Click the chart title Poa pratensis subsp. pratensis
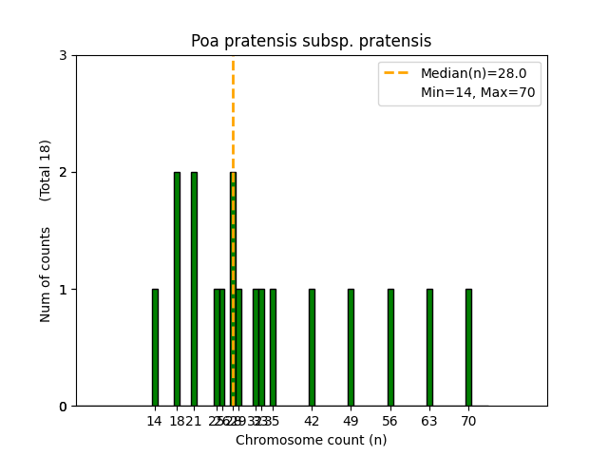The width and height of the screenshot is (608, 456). click(x=311, y=41)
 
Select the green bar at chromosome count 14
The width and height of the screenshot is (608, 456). click(x=155, y=348)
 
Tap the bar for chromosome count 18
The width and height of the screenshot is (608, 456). click(x=177, y=289)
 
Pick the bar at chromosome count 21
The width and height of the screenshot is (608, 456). click(x=194, y=289)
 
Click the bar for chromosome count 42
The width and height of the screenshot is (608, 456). click(x=312, y=348)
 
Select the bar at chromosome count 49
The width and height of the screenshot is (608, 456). click(x=351, y=348)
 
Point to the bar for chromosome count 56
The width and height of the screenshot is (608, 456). click(x=390, y=348)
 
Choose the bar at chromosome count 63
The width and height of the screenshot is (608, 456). click(x=429, y=348)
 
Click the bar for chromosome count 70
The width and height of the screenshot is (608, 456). click(x=468, y=348)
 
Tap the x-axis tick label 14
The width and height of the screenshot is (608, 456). click(x=155, y=421)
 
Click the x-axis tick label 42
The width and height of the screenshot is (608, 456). click(x=312, y=421)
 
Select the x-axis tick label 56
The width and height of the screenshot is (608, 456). click(x=390, y=421)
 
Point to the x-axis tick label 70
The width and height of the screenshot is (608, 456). click(x=468, y=421)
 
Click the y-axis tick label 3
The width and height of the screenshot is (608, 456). click(x=63, y=55)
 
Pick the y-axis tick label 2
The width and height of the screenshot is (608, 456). click(x=63, y=172)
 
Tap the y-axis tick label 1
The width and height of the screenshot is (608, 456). click(x=63, y=289)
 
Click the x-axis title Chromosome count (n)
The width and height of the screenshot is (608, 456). click(x=311, y=440)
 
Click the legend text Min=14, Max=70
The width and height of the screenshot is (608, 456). click(x=478, y=92)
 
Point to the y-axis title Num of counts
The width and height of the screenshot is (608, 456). click(x=46, y=274)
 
